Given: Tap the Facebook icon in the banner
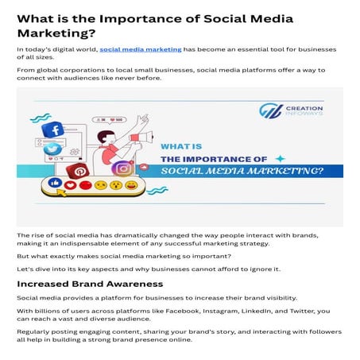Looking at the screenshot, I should pyautogui.click(x=53, y=130).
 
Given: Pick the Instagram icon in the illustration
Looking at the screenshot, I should pyautogui.click(x=122, y=169).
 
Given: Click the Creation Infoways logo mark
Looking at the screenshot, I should pyautogui.click(x=270, y=110).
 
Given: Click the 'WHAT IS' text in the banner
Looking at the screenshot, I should pyautogui.click(x=181, y=146).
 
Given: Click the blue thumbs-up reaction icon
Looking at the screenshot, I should pyautogui.click(x=55, y=184).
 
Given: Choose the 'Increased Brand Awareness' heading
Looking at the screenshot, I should pyautogui.click(x=90, y=283).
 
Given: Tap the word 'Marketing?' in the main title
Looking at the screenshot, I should pyautogui.click(x=56, y=33).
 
